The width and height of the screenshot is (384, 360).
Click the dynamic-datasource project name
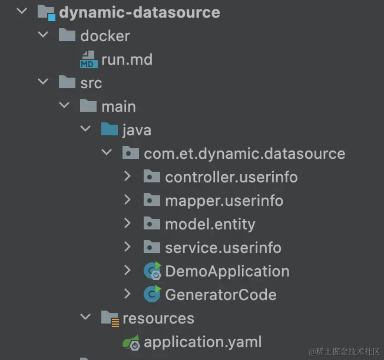pyautogui.click(x=139, y=12)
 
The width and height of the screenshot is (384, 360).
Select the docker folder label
pyautogui.click(x=104, y=36)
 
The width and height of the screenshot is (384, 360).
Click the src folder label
pyautogui.click(x=91, y=83)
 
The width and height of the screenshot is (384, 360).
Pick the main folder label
pyautogui.click(x=118, y=106)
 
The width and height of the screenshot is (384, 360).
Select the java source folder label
pyautogui.click(x=137, y=130)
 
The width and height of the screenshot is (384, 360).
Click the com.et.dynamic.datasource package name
pyautogui.click(x=244, y=154)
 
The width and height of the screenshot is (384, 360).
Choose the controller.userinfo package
pyautogui.click(x=231, y=177)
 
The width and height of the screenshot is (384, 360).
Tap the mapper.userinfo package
pyautogui.click(x=224, y=201)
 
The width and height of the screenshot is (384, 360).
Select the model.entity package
pyautogui.click(x=210, y=224)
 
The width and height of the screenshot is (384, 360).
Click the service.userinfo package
pyautogui.click(x=223, y=248)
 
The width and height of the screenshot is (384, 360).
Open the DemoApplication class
pyautogui.click(x=227, y=271)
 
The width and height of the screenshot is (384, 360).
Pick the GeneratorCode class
pyautogui.click(x=220, y=294)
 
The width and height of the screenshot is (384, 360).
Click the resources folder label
pyautogui.click(x=158, y=318)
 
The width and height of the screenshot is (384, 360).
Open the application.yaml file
pyautogui.click(x=203, y=342)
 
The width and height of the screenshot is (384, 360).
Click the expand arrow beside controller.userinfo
pyautogui.click(x=128, y=176)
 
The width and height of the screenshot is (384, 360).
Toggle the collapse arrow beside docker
pyautogui.click(x=43, y=35)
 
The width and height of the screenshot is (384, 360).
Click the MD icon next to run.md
pyautogui.click(x=88, y=60)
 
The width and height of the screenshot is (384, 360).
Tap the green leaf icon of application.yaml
pyautogui.click(x=131, y=342)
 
